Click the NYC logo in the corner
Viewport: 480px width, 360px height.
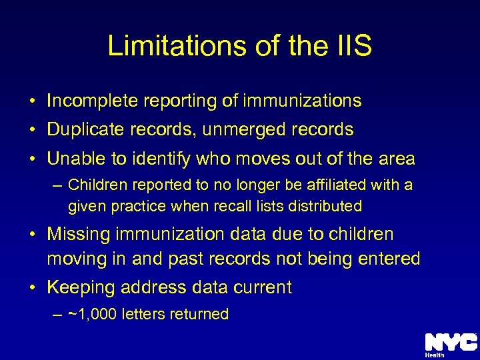[451, 341]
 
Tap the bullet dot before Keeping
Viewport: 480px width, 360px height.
[32, 288]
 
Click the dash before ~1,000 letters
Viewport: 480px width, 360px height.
[59, 314]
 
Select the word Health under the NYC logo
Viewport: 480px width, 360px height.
[435, 355]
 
